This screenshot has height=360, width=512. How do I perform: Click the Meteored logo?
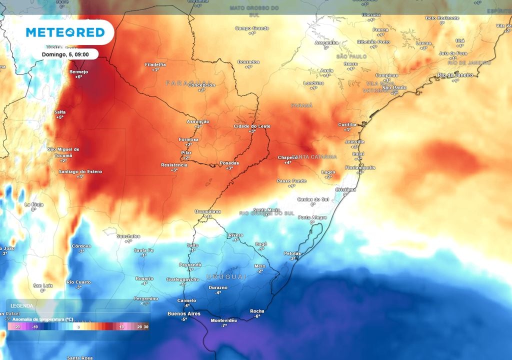[x=65, y=32]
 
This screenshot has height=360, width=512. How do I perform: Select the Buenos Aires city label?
[x=183, y=314]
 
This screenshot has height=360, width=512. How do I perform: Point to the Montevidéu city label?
[x=224, y=320]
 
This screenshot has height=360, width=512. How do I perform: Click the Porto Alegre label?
[x=312, y=217]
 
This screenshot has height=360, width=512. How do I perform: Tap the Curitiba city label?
[x=347, y=124]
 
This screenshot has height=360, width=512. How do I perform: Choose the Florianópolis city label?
[x=359, y=167]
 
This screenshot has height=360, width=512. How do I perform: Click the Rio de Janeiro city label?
[x=455, y=75]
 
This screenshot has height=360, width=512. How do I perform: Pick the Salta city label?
[x=59, y=112]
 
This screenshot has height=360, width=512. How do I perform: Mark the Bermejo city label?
[x=78, y=71]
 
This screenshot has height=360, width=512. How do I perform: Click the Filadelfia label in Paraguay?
[x=155, y=64]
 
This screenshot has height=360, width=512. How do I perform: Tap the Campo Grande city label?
[x=251, y=28]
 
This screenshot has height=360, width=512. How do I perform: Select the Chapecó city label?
[x=288, y=157]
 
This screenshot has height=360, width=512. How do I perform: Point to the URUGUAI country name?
[x=227, y=276]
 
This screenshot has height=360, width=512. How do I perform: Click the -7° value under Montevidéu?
[x=224, y=325]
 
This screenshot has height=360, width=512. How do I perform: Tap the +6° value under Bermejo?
[x=78, y=77]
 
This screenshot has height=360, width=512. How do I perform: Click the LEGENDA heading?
[x=22, y=305]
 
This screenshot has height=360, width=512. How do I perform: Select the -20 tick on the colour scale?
[x=17, y=327]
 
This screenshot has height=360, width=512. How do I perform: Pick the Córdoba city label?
[x=81, y=246]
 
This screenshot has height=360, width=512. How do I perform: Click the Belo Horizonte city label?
[x=442, y=18]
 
